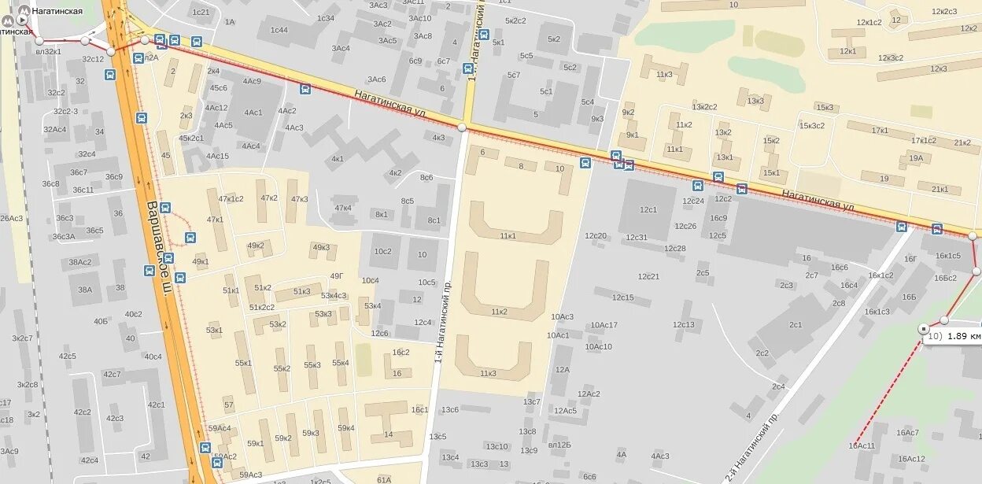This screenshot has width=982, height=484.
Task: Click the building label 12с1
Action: point(648,209)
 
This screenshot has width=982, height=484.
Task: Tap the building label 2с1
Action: point(796,324)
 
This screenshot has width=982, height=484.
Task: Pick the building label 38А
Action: point(84,290)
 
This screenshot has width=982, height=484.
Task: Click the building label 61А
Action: point(384,479)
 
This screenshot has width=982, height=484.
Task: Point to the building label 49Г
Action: point(337,275)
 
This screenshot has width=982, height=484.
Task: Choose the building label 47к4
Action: point(343,208)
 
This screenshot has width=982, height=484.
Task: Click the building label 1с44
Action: point(279,30)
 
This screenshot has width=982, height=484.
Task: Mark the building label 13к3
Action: point(755,101)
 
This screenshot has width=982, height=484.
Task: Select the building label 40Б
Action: point(101,321)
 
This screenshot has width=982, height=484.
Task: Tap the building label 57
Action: point(229,405)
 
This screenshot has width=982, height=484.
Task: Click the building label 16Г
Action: point(910,258)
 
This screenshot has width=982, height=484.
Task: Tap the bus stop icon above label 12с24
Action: point(697,187)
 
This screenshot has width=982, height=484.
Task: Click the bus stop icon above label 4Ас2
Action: point(305,89)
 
